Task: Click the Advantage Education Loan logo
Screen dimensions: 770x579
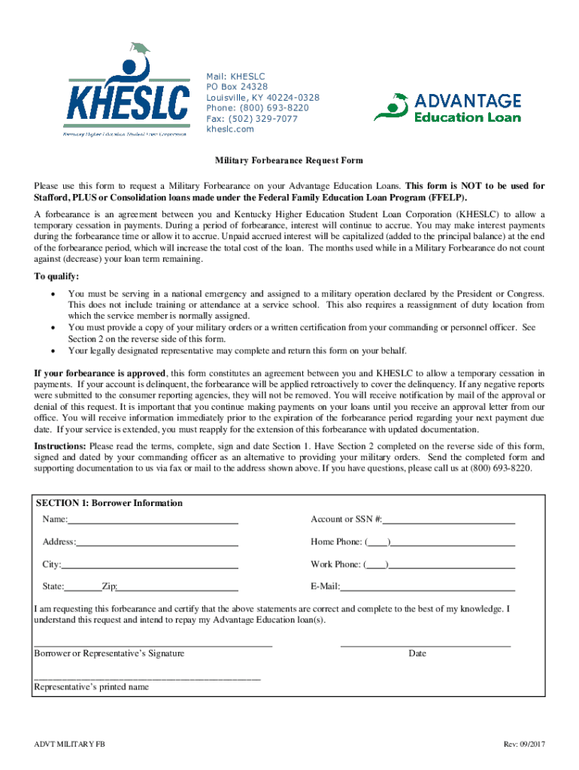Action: click(447, 108)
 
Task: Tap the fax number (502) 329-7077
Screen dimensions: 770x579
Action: click(252, 119)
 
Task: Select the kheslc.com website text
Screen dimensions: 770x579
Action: click(230, 129)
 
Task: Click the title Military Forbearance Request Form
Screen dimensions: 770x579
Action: click(289, 160)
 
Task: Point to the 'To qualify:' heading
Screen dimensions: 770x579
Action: click(56, 276)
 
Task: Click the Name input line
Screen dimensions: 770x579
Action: click(153, 520)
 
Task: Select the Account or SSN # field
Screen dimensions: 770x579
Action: click(449, 520)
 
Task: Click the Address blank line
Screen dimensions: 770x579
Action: click(157, 542)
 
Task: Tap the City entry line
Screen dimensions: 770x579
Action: click(150, 565)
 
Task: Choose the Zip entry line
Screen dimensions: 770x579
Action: click(177, 587)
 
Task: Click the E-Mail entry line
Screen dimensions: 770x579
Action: click(428, 587)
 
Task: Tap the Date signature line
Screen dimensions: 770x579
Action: click(425, 644)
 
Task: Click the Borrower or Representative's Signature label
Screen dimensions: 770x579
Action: click(109, 653)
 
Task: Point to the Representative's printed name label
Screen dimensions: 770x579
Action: click(91, 687)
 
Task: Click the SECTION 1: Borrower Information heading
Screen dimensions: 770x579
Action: click(109, 503)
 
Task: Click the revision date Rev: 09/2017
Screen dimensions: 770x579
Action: click(524, 744)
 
